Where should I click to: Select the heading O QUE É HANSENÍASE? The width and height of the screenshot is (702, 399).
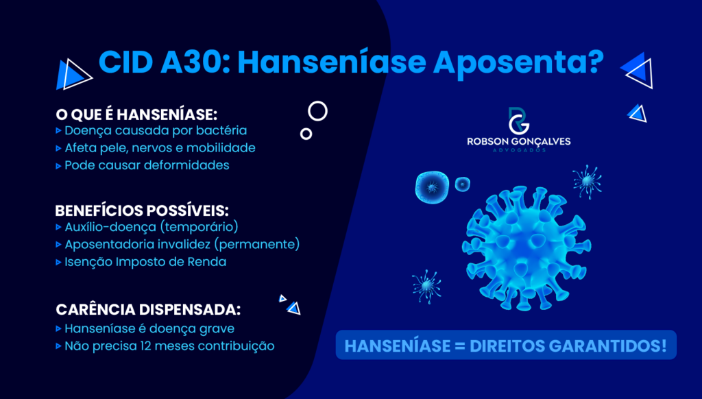click(136, 114)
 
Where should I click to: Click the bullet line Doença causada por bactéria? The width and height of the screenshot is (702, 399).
click(155, 130)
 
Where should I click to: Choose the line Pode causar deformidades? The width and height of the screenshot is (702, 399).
click(146, 165)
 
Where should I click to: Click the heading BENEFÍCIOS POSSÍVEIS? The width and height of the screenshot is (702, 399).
click(141, 210)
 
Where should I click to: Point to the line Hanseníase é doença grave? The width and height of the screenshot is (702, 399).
click(149, 328)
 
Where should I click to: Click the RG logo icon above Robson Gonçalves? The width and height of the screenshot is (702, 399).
click(518, 121)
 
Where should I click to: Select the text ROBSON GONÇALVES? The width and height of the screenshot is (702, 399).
click(518, 141)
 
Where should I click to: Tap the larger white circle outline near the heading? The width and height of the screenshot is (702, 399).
click(317, 110)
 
